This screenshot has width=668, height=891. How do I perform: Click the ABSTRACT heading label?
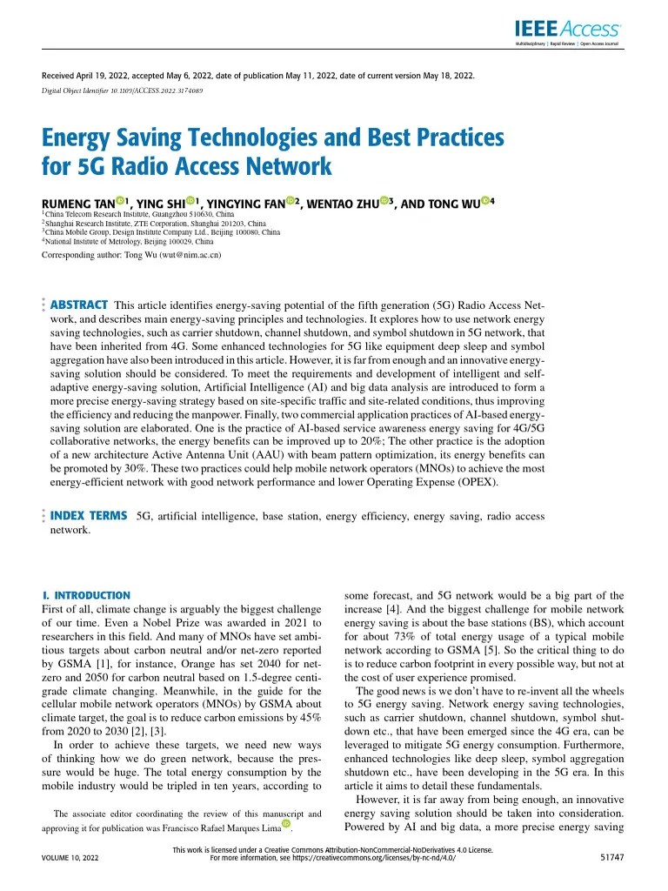79,305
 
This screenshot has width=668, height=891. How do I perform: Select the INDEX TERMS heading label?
89,516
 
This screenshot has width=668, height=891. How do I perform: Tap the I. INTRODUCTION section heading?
86,595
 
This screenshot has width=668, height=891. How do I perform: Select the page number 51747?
612,857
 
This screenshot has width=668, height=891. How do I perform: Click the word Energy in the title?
75,137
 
